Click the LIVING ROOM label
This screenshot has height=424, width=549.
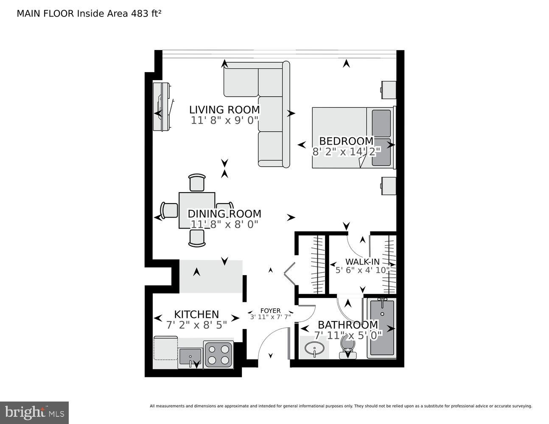(224, 110)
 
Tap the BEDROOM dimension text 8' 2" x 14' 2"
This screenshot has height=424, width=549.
(347, 152)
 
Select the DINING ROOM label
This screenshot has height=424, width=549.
(224, 214)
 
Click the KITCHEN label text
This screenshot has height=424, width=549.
(196, 314)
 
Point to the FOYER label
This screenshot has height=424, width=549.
(270, 311)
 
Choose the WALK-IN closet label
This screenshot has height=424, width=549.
(362, 262)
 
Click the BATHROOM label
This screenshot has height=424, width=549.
(347, 325)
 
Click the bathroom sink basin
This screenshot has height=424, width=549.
(314, 349)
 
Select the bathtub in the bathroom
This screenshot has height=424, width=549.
(382, 327)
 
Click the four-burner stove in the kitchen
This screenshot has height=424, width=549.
(218, 354)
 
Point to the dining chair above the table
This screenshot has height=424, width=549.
(197, 183)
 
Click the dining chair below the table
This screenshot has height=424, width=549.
(197, 238)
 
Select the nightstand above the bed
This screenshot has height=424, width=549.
(388, 89)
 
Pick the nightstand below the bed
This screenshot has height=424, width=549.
(388, 186)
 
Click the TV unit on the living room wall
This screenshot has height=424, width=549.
(162, 107)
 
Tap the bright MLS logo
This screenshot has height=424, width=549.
(34, 412)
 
